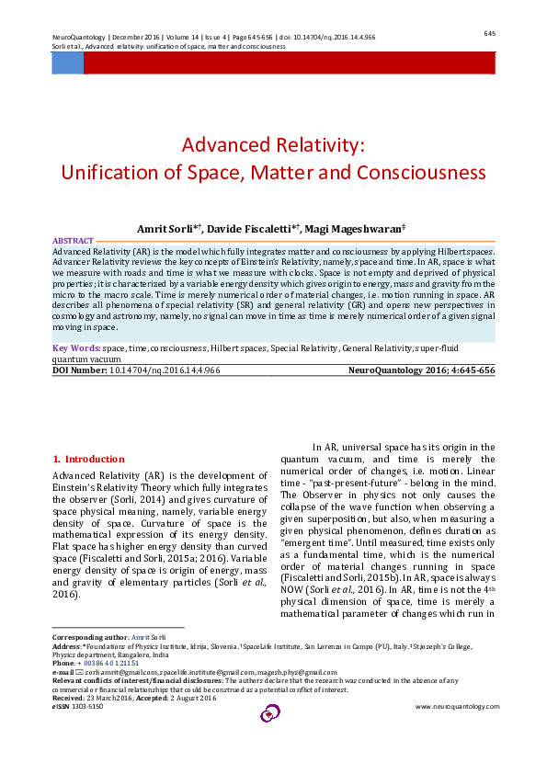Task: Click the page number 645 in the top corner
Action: [x=489, y=33]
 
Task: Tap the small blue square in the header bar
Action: [x=67, y=63]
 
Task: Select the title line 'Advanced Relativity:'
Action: [x=273, y=145]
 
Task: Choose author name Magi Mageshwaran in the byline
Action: [x=355, y=227]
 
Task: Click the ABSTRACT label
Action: [x=73, y=239]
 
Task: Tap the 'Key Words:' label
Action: [x=76, y=348]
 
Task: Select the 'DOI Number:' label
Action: [x=81, y=370]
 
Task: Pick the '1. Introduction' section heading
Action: [x=88, y=459]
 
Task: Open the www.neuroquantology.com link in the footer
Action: [x=457, y=706]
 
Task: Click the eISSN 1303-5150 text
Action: [x=77, y=706]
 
